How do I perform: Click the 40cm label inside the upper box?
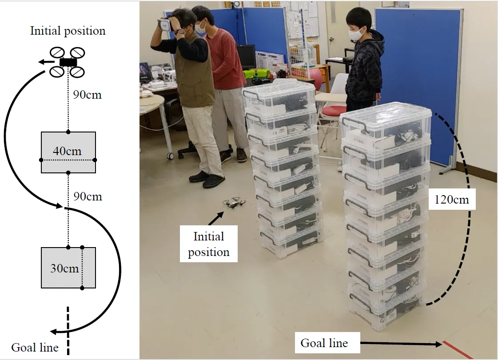click(67, 151)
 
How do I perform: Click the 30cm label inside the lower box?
click(64, 268)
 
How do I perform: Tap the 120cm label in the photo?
click(452, 199)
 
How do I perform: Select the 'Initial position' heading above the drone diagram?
click(68, 31)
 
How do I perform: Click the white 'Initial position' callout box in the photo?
click(208, 244)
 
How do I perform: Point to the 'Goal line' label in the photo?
click(324, 343)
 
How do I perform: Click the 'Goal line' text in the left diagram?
click(35, 348)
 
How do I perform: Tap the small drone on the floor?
click(234, 203)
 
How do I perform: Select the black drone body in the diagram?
click(68, 63)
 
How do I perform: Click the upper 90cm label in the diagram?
click(87, 94)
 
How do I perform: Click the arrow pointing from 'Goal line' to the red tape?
click(400, 344)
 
